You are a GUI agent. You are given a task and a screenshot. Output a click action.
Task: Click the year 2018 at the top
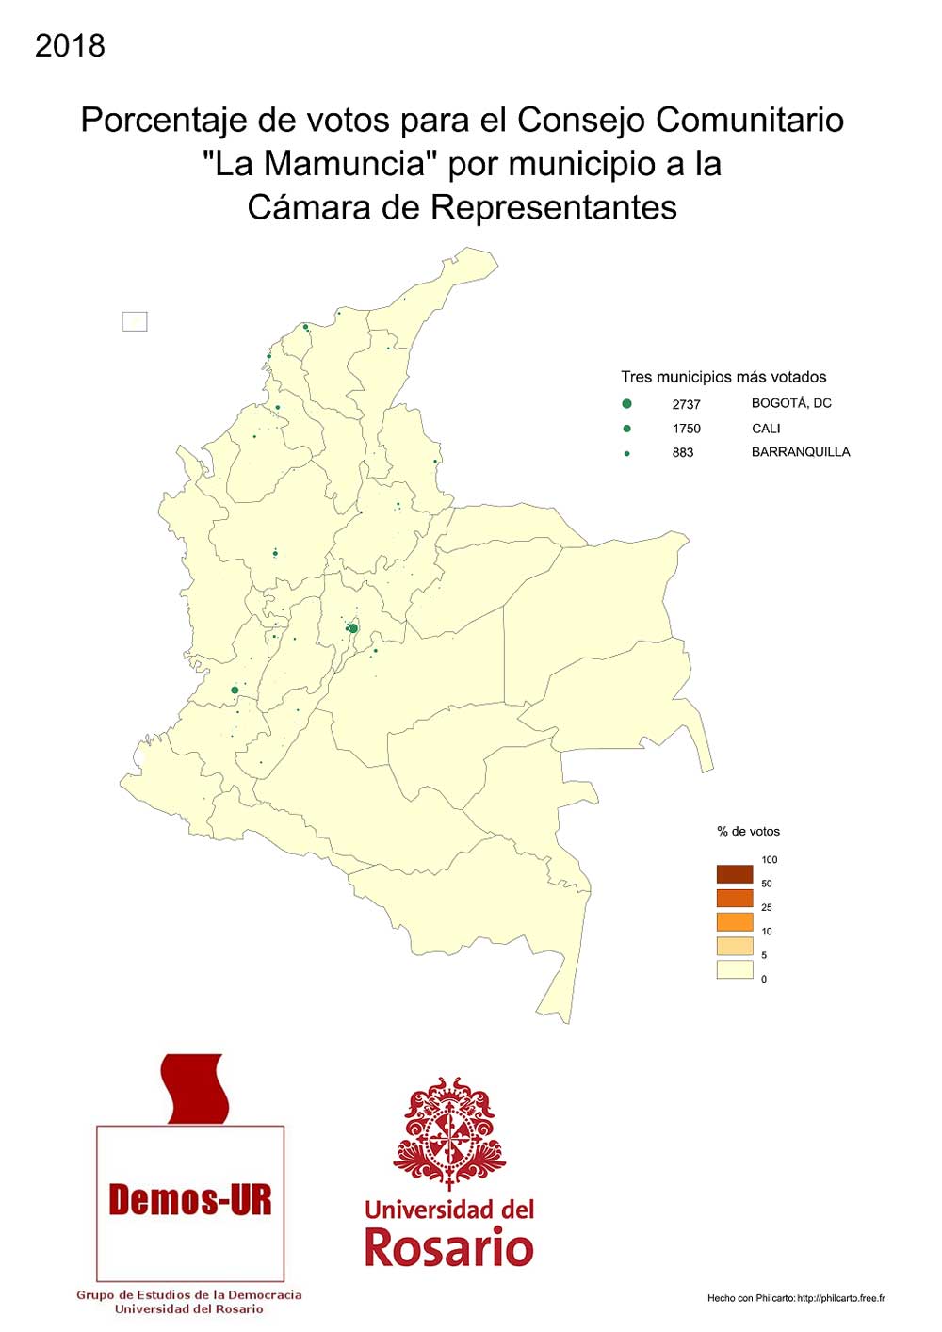[70, 45]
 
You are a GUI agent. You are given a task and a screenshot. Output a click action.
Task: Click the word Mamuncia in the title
[343, 164]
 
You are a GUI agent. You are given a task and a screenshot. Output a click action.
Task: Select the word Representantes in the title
[554, 207]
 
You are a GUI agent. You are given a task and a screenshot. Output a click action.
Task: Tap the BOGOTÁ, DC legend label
[791, 403]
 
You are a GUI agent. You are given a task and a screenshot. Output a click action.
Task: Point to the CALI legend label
[766, 429]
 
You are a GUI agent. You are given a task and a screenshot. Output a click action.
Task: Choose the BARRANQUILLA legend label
[801, 452]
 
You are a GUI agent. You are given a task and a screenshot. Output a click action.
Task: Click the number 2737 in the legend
[686, 404]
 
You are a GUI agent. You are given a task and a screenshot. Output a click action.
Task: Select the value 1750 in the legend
[686, 429]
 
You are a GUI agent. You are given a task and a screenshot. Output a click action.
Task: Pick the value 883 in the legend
[683, 453]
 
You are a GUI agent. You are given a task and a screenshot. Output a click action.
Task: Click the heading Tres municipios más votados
[723, 377]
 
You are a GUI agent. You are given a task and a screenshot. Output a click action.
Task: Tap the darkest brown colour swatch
[735, 873]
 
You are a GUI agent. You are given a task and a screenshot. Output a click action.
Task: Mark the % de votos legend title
[748, 832]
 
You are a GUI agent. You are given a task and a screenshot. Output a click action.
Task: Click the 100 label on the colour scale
[770, 860]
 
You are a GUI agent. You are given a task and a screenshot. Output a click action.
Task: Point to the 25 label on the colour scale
[767, 907]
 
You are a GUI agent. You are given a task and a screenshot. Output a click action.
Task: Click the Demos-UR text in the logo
[190, 1200]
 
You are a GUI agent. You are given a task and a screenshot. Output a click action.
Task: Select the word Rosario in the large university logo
[448, 1248]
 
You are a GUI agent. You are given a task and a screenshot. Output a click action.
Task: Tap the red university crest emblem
[449, 1130]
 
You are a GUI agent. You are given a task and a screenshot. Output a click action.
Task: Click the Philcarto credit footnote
[796, 1298]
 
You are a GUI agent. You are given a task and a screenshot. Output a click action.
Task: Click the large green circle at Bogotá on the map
[353, 628]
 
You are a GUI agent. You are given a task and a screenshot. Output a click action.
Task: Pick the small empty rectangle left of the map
[135, 321]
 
